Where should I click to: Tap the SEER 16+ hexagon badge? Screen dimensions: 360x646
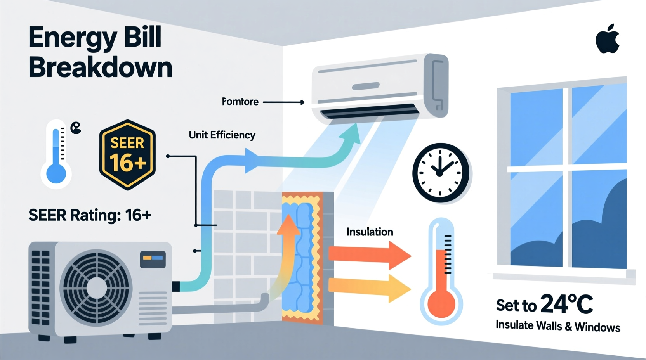pos(127,155)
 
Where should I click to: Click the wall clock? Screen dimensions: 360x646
pos(440,173)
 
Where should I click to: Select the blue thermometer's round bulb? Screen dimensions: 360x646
pos(56,174)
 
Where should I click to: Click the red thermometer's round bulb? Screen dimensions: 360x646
pos(441,303)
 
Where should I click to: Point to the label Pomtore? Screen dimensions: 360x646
pos(240,102)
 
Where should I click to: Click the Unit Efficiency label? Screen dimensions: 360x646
pos(222,135)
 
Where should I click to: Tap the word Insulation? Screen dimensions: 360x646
pos(370,232)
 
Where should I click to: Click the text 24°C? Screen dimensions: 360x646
pos(566,304)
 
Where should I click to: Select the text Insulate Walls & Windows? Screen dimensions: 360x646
pos(558,326)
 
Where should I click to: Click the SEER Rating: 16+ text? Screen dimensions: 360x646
pos(90,215)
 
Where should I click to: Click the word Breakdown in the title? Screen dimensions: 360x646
pos(100,67)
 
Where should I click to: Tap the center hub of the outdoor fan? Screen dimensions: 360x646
pos(96,287)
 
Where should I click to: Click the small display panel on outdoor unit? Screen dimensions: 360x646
pos(153,259)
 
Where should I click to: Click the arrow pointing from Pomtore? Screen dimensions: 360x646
pos(283,102)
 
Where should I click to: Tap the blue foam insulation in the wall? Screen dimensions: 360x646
pos(303,256)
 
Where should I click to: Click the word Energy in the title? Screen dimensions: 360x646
pos(72,38)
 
